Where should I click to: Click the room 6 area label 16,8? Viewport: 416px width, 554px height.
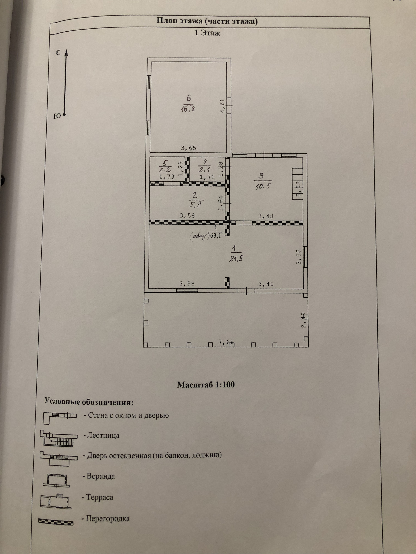click(188, 109)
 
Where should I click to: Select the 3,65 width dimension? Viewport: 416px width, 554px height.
click(188, 148)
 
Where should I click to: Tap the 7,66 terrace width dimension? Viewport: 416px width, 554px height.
click(226, 342)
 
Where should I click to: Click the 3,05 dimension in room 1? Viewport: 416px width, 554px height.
click(299, 257)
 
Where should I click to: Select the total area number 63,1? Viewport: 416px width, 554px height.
click(215, 235)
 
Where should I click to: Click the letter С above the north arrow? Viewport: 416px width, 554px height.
click(58, 53)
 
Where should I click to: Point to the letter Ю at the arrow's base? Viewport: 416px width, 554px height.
click(57, 116)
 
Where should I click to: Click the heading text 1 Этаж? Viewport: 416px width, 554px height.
click(207, 33)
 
